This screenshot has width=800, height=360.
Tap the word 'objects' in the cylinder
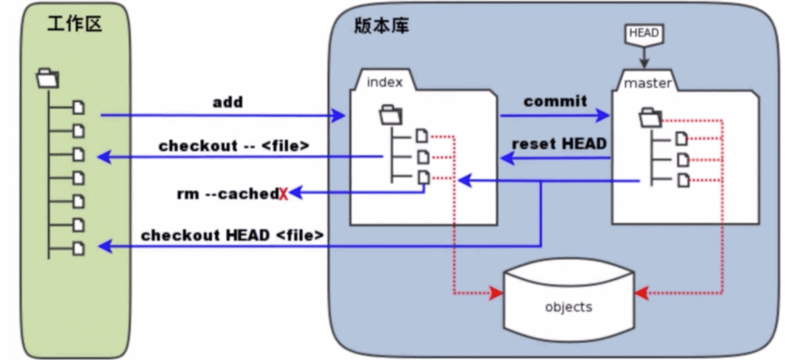(569, 307)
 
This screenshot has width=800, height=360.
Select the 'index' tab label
(384, 82)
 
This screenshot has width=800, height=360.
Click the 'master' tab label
(647, 83)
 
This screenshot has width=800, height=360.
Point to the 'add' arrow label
(227, 102)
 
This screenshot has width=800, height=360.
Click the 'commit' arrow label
(556, 101)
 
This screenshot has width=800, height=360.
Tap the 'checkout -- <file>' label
(234, 146)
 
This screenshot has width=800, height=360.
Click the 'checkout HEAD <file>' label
(232, 235)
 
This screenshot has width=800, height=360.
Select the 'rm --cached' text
(227, 194)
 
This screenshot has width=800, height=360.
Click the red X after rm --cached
(284, 194)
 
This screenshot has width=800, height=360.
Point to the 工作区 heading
(75, 24)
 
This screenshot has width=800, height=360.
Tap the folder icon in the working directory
(48, 79)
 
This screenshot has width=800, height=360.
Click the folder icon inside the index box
(391, 114)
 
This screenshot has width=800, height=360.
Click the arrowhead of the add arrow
(339, 116)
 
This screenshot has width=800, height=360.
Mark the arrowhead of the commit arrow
(603, 116)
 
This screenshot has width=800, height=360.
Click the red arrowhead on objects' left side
(496, 293)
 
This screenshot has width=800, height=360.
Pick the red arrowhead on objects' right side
(641, 293)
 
